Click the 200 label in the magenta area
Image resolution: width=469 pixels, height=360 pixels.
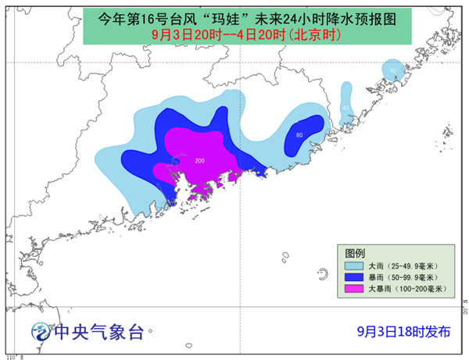[x=199, y=161]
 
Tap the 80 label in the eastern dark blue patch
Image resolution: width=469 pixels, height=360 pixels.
[x=299, y=135]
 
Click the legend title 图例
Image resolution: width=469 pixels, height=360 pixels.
[x=356, y=253]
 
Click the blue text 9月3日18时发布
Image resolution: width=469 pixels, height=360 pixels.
[x=390, y=331]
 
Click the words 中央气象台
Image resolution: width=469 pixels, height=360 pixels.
[x=98, y=332]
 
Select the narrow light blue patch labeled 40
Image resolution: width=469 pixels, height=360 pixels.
[x=346, y=110]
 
